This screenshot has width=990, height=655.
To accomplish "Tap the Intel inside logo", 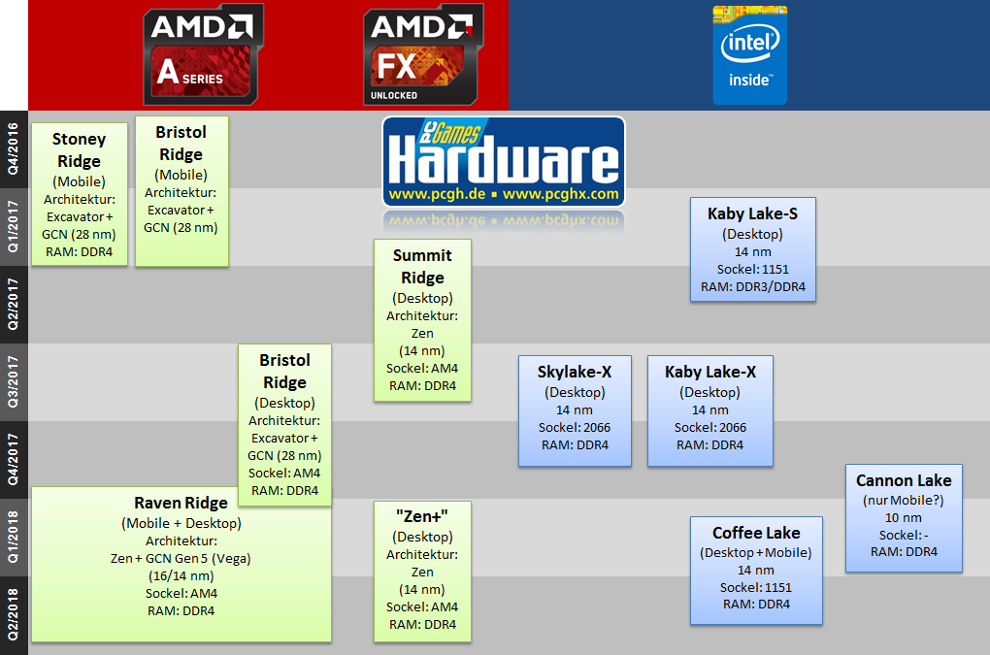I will tap(749, 54).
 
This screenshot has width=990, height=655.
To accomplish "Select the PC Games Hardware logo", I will tap(503, 161).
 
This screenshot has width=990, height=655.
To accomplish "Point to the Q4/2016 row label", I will tap(14, 148).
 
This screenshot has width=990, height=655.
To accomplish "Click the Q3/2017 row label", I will tap(14, 381).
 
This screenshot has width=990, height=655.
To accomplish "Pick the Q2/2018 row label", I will tap(14, 614).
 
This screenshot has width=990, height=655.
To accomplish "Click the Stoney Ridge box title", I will tap(79, 150).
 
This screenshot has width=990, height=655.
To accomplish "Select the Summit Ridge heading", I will tap(422, 267).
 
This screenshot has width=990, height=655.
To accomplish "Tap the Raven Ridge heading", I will tap(181, 503).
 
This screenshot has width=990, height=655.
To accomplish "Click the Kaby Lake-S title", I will tap(752, 213).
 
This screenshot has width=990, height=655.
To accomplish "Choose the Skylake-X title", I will tap(575, 372).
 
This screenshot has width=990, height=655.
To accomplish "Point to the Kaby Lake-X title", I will tap(710, 372).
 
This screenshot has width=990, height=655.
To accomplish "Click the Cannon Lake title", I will tap(904, 480).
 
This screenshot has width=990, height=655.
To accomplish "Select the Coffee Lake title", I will tap(756, 533).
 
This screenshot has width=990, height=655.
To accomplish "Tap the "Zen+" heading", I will tap(422, 515).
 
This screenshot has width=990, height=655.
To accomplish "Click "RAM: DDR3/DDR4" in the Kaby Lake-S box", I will tap(753, 287).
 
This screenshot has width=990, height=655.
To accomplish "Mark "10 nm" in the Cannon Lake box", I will tap(904, 518).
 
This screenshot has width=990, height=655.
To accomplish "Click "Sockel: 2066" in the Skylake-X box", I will tap(575, 427).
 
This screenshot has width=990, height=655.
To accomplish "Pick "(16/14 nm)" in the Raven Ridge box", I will tap(181, 575).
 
